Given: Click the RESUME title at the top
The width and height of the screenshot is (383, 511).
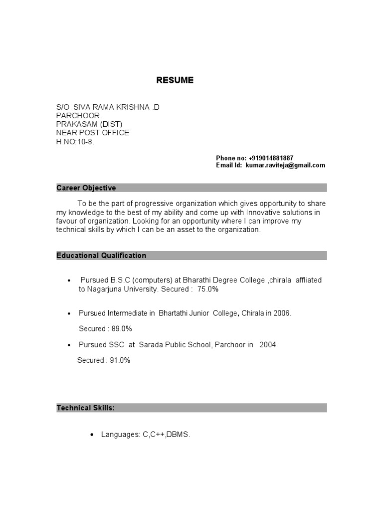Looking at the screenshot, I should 175,80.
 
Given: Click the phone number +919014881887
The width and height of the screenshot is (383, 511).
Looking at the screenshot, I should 274,158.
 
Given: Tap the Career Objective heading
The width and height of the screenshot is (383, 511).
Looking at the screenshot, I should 86,188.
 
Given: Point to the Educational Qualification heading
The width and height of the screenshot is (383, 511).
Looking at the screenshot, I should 101,255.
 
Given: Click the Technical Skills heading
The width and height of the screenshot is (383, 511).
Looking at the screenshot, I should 86,408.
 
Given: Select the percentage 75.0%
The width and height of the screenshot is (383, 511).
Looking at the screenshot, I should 208,289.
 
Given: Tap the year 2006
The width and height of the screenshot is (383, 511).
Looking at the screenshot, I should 282,313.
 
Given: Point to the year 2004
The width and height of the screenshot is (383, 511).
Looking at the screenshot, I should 267,345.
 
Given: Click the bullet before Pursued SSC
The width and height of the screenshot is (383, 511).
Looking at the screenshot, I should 69,345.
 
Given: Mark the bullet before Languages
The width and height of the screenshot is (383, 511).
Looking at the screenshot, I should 92,436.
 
